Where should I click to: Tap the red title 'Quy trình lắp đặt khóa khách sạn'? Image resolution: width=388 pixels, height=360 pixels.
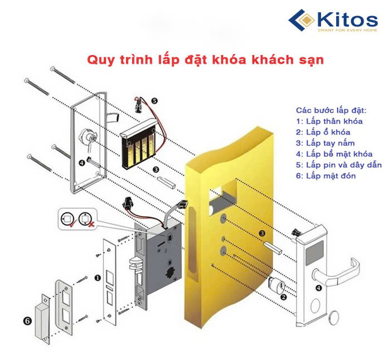coord(205,60)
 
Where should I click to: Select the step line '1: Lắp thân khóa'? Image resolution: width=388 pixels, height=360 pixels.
coord(329,121)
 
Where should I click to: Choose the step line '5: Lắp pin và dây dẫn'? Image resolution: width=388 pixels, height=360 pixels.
coord(339,165)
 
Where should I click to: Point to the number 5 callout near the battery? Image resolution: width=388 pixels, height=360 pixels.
coord(154,101)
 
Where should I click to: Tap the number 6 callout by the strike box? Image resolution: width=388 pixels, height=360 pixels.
coord(26,321)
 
